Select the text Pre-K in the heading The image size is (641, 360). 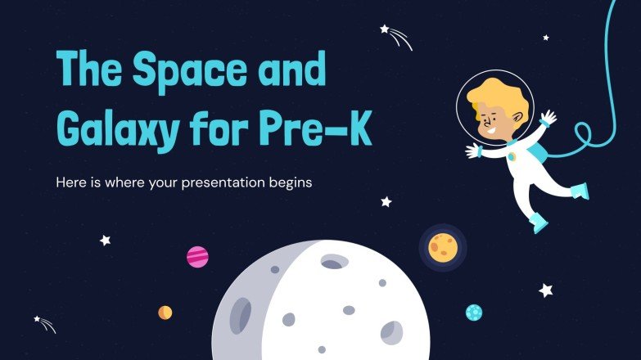click(x=329, y=130)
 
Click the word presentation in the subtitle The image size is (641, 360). click(x=224, y=183)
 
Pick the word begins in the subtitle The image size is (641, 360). click(x=289, y=183)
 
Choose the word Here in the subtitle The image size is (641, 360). click(x=71, y=182)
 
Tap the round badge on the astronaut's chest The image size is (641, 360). click(x=512, y=156)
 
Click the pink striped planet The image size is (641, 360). click(x=197, y=257)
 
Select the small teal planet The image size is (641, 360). click(x=474, y=312)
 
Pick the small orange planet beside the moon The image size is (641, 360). click(x=165, y=312)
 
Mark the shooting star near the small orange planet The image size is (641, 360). click(x=44, y=324)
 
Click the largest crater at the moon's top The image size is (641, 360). click(x=332, y=263)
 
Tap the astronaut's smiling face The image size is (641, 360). click(x=494, y=121)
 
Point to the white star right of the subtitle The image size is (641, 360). click(x=386, y=201)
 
